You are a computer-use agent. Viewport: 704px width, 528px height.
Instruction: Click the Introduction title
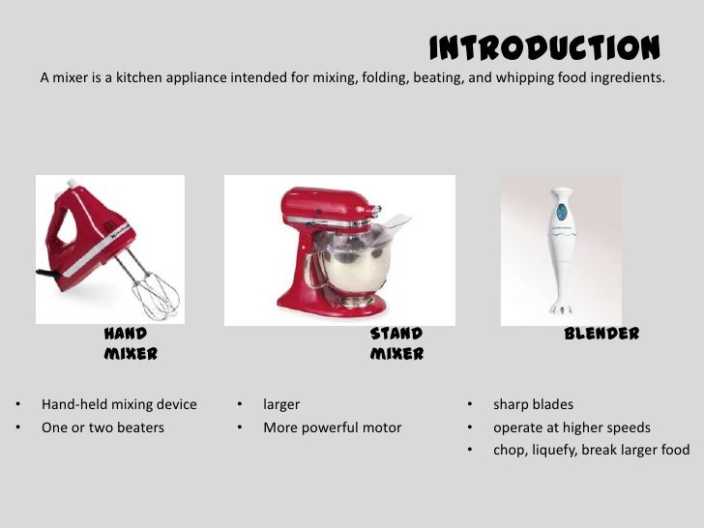tap(544, 47)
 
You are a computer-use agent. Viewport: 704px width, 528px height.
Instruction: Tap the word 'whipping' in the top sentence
tap(522, 77)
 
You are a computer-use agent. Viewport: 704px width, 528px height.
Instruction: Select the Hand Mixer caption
tap(131, 343)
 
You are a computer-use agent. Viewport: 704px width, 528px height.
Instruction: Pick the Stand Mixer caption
tap(396, 343)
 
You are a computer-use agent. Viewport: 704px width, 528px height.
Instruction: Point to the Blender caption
tap(601, 334)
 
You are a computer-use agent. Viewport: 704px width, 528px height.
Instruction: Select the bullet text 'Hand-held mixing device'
tap(119, 404)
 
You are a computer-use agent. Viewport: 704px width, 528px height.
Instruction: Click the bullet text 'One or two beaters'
tap(103, 427)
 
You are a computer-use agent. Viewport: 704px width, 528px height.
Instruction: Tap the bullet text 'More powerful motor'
tap(332, 427)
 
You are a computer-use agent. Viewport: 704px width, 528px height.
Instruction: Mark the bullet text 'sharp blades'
tap(533, 404)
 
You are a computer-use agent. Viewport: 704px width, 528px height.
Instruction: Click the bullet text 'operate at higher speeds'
tap(572, 427)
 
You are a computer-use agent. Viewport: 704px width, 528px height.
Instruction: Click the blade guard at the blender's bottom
tap(558, 308)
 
